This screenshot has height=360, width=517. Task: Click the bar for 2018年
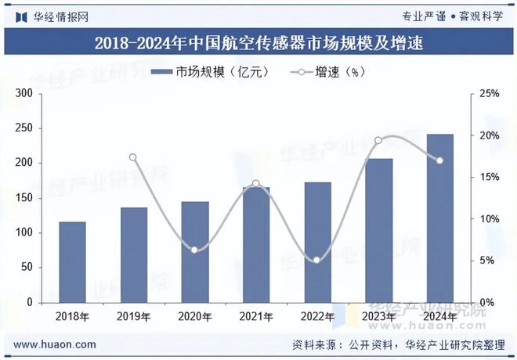(x=72, y=262)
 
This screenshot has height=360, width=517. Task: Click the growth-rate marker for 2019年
(x=133, y=157)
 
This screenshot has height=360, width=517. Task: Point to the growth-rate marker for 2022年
(x=316, y=260)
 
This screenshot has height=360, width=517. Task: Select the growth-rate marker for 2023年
(x=378, y=141)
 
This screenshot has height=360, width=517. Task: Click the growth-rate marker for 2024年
(x=439, y=160)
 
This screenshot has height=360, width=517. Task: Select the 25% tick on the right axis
(x=490, y=94)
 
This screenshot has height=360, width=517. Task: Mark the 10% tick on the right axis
(x=490, y=219)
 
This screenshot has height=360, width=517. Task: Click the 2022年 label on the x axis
(x=316, y=316)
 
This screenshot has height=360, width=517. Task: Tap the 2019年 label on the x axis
(x=133, y=316)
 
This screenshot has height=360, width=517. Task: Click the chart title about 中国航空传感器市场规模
(x=258, y=43)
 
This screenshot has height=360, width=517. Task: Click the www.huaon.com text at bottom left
(x=56, y=344)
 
